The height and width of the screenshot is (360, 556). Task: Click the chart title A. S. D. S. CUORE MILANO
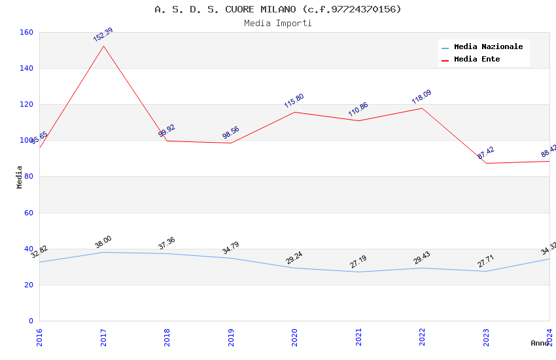(278, 9)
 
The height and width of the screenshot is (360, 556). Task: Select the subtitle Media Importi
(278, 23)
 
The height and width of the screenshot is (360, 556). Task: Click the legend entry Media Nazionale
(488, 47)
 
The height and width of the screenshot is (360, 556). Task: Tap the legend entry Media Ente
(477, 59)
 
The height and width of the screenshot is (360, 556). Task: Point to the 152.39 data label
(103, 35)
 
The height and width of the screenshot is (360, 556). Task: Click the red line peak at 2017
(103, 46)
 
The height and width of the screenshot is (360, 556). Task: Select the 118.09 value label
(421, 97)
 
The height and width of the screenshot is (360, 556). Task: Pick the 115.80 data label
(294, 101)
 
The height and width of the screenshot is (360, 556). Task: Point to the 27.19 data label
(358, 262)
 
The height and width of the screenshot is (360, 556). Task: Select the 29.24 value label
(294, 258)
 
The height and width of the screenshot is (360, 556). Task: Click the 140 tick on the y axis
(27, 68)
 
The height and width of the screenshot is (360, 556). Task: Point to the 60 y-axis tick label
(29, 213)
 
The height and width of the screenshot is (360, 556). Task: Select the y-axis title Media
(20, 177)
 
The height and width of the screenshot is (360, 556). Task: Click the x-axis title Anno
(540, 343)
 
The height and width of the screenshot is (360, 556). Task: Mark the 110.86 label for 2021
(358, 109)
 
